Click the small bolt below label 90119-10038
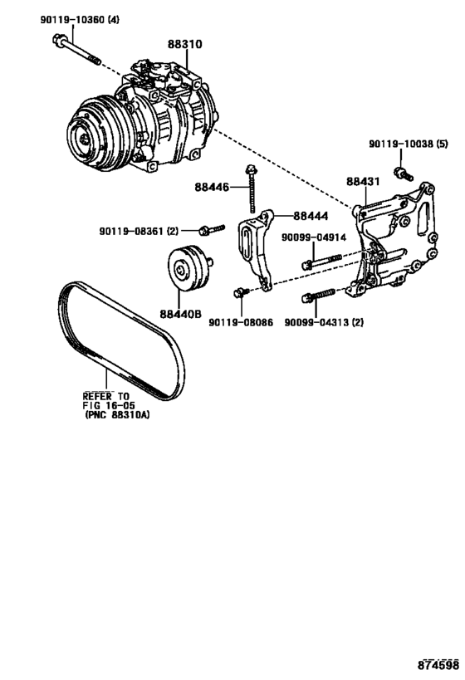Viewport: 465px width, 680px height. [x=404, y=174]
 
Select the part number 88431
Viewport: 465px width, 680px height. [x=363, y=181]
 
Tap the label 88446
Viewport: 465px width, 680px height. [x=213, y=188]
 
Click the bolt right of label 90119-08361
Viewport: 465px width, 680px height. [x=208, y=229]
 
